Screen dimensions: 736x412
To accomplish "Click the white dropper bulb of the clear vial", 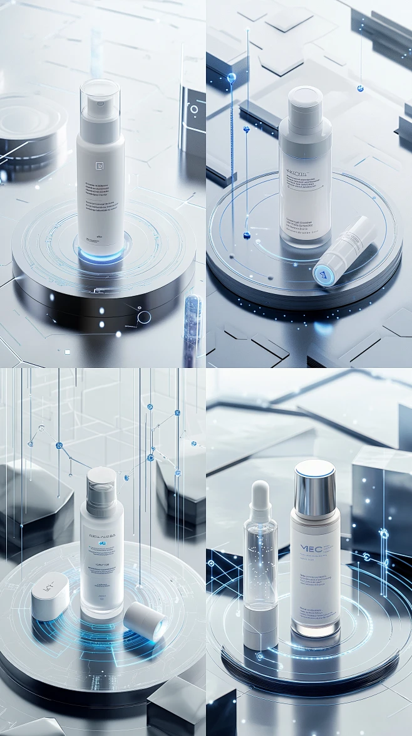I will [x=260, y=495].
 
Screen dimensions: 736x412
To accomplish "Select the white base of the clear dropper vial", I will [x=259, y=626].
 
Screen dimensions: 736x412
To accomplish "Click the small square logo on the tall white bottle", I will [x=98, y=166].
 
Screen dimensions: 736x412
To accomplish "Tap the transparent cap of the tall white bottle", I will [x=100, y=100].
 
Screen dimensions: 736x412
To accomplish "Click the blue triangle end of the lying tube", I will [x=323, y=274].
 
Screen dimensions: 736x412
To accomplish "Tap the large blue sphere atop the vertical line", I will [x=232, y=78].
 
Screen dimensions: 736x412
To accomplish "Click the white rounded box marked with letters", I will [x=51, y=595].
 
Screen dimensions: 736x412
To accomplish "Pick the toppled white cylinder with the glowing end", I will [x=145, y=621].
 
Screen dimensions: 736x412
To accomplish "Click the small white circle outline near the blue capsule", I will [x=144, y=317].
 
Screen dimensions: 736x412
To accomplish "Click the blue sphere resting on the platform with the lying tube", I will [x=247, y=235].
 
